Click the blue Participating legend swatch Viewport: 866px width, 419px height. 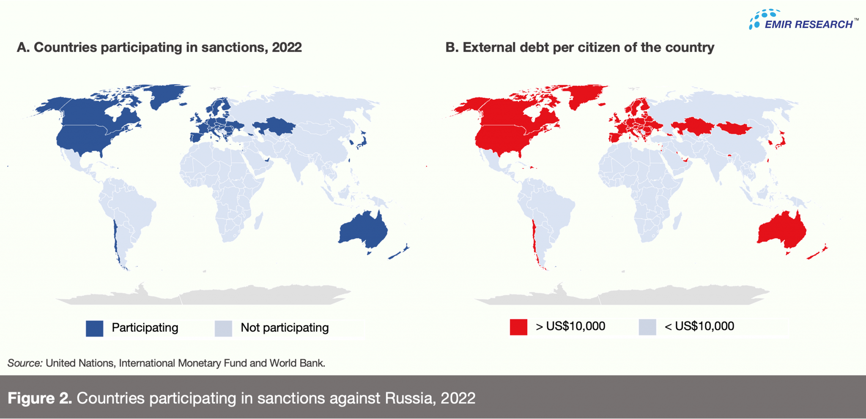(94, 328)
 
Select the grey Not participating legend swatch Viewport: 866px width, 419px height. (223, 328)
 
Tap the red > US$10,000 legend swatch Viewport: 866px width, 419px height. (518, 327)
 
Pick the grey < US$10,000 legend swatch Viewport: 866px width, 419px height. (647, 327)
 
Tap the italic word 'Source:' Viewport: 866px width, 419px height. (25, 363)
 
